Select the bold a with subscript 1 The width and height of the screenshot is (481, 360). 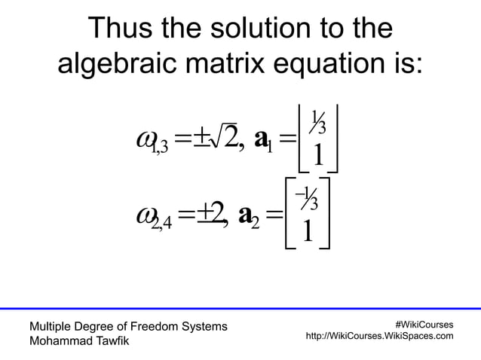point(265,140)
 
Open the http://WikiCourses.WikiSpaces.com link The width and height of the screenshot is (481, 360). point(378,336)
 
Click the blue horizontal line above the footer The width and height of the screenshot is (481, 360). point(240,308)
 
